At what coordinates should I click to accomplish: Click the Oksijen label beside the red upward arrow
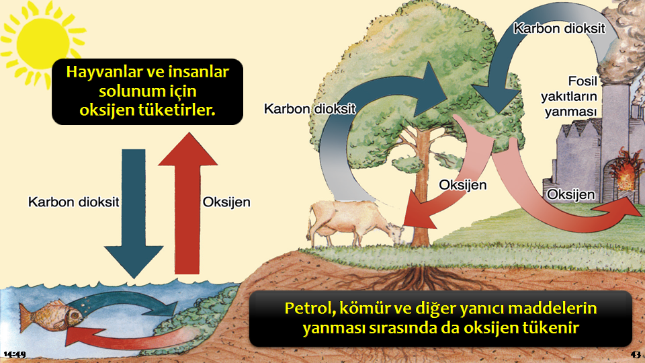point(226,202)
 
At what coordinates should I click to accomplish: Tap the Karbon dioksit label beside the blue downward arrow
point(74,202)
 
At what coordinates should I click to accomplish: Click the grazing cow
point(354,223)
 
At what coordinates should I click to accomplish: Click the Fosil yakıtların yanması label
point(569,97)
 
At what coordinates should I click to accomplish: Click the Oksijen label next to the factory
point(570,194)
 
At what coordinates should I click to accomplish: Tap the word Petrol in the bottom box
point(308,309)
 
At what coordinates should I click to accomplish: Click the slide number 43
point(636,354)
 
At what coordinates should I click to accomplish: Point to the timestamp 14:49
point(15,354)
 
